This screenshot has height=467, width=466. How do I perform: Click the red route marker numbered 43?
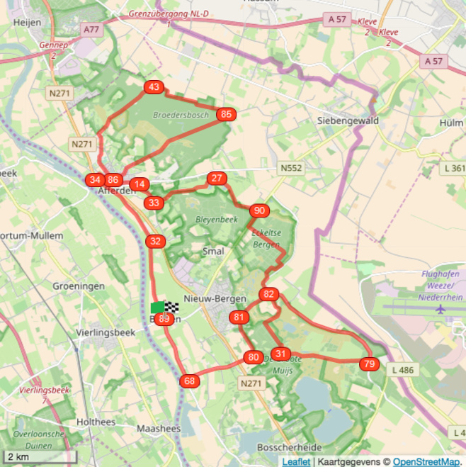(154, 87)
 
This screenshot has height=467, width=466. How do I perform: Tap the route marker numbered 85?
(226, 114)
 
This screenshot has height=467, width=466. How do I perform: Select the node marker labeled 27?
(217, 179)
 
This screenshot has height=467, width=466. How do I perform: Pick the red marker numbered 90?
(259, 210)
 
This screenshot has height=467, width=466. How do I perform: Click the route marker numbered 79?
(369, 364)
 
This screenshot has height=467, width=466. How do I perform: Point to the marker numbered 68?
(189, 381)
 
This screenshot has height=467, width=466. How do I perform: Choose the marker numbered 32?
(156, 242)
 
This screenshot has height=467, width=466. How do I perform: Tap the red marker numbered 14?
(140, 184)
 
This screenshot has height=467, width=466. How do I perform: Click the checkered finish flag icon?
(171, 307)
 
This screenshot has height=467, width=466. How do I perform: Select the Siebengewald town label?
(348, 120)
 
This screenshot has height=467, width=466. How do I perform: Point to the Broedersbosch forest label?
(181, 114)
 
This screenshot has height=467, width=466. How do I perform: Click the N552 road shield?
(291, 169)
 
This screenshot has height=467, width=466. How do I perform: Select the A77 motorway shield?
(91, 30)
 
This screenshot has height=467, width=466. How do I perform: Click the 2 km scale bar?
(39, 457)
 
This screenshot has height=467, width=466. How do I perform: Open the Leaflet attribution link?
(296, 461)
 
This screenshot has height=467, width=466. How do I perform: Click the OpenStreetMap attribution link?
(426, 461)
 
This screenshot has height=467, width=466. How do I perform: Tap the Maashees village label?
(159, 429)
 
